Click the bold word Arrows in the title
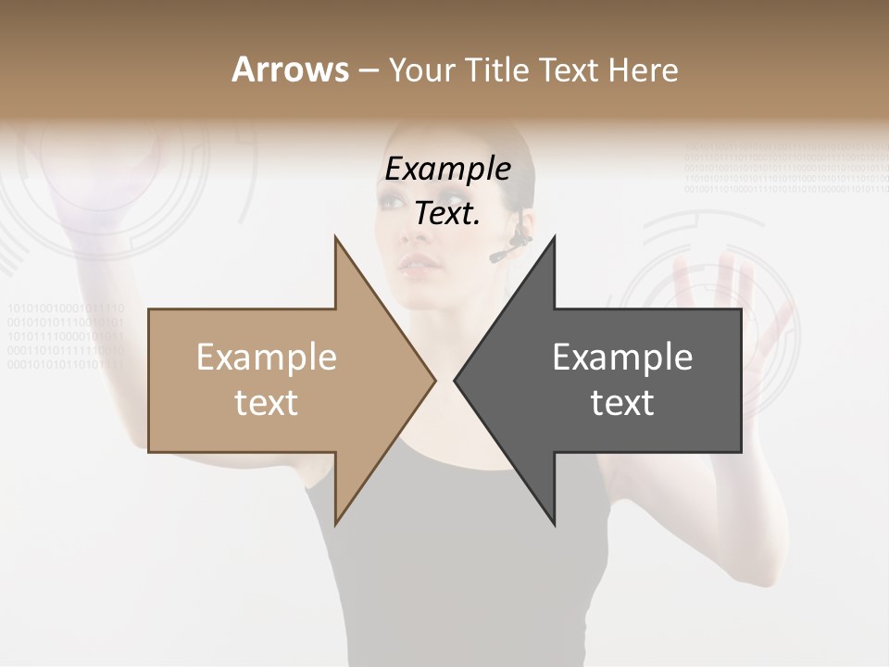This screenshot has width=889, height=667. [x=291, y=69]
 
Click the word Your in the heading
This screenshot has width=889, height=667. [x=422, y=70]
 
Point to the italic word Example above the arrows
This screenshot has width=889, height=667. [x=447, y=170]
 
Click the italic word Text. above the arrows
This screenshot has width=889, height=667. [x=447, y=213]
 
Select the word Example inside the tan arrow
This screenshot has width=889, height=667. [x=267, y=358]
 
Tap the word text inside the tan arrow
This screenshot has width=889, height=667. [x=267, y=403]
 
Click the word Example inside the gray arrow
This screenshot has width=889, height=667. [x=622, y=358]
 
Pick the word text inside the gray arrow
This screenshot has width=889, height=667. [x=622, y=403]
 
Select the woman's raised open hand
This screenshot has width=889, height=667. [x=722, y=306]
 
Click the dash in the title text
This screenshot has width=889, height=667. [x=369, y=71]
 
